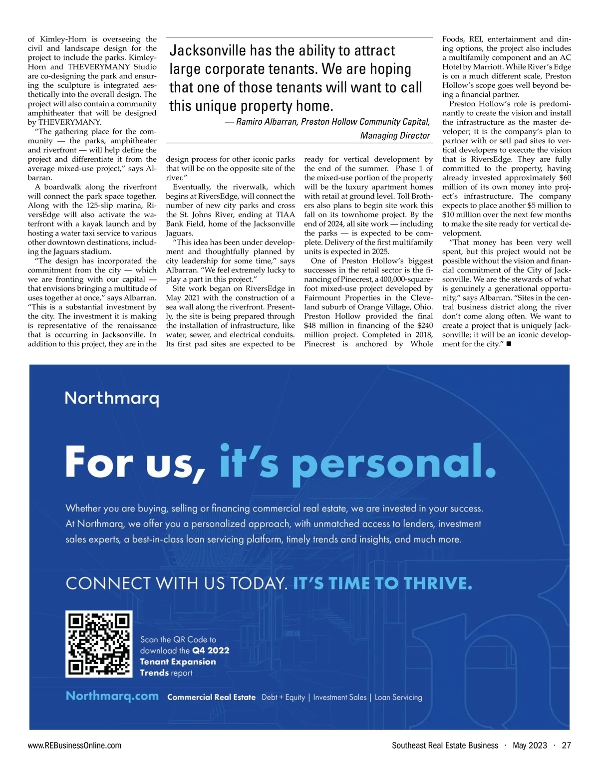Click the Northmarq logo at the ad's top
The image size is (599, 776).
[112, 398]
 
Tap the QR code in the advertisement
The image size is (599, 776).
[99, 644]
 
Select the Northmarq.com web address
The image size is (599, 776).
[112, 696]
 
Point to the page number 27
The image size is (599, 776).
[566, 746]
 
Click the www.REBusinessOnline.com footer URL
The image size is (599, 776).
[74, 746]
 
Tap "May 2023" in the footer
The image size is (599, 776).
[530, 746]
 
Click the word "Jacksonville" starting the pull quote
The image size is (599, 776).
[208, 50]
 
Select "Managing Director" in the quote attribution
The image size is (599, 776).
[395, 135]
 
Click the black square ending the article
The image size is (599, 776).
[508, 344]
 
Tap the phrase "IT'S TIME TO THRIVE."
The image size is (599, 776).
[382, 583]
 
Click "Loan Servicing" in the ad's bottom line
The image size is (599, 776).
[398, 697]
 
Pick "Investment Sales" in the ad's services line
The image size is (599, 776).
[340, 697]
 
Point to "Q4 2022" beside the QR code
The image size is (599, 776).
[211, 650]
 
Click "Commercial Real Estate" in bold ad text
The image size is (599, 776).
[211, 697]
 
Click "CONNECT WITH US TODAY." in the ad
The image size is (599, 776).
[176, 583]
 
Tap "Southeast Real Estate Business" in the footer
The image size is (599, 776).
[445, 746]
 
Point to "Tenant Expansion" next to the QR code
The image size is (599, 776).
[178, 662]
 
